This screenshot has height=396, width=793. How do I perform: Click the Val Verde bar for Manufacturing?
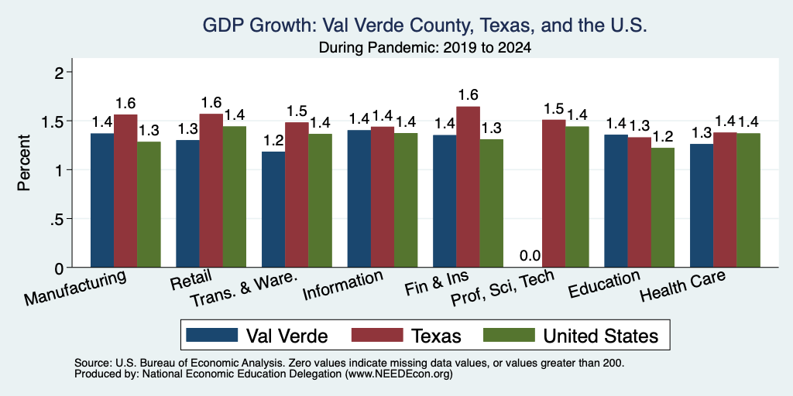pyautogui.click(x=102, y=200)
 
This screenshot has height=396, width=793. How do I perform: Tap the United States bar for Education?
pyautogui.click(x=663, y=207)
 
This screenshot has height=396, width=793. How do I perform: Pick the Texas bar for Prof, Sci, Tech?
pyautogui.click(x=554, y=193)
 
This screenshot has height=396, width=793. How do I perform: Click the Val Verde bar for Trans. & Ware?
pyautogui.click(x=273, y=210)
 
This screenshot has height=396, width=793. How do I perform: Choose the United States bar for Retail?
pyautogui.click(x=234, y=197)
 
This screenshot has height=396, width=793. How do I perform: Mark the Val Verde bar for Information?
pyautogui.click(x=359, y=199)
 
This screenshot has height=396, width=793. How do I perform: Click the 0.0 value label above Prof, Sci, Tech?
pyautogui.click(x=530, y=256)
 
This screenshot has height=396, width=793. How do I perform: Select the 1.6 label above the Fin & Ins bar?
pyautogui.click(x=469, y=95)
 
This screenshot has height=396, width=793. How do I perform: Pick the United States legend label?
pyautogui.click(x=601, y=336)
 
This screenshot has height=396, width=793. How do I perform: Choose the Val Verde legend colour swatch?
pyautogui.click(x=212, y=335)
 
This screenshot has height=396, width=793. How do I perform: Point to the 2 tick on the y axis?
pyautogui.click(x=61, y=73)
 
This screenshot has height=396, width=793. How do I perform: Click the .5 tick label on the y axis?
pyautogui.click(x=59, y=219)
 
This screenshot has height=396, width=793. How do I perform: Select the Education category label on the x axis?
pyautogui.click(x=604, y=285)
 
